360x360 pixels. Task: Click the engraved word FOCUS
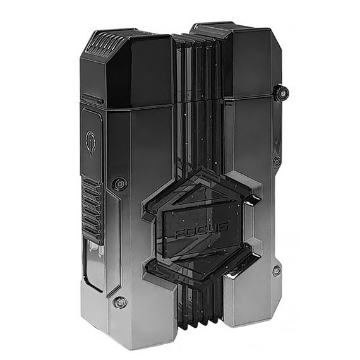pos(201,231)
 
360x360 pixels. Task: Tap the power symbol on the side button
pos(91,143)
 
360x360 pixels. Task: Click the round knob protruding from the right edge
pos(282,93)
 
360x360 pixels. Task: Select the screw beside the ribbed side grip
pos(119,184)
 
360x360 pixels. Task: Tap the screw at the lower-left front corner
pos(120,302)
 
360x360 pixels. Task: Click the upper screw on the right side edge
pos(277,162)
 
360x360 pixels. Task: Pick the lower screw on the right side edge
pos(277,272)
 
